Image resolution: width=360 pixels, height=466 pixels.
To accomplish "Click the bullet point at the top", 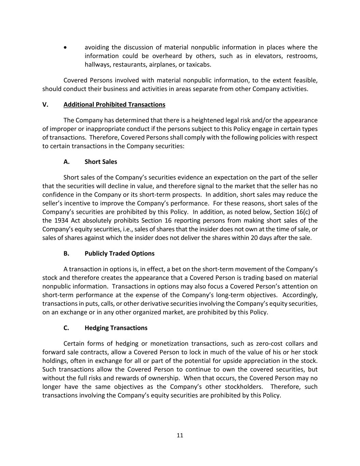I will coord(65,47).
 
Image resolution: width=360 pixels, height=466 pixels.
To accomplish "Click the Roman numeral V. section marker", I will coord(45,104).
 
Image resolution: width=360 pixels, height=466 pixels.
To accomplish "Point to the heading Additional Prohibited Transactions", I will coord(114,104).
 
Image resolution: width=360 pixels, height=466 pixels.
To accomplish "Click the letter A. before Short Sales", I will coord(67,162).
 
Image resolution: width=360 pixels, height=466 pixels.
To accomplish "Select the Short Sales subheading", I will coord(101,162).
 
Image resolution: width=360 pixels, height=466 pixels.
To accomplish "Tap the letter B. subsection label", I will coord(67,253).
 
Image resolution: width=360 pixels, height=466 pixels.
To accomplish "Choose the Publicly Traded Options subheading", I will coord(119,253).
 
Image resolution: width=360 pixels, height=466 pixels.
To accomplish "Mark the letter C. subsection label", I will coord(66,328).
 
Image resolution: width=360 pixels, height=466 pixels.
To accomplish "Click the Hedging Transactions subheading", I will coord(116,328).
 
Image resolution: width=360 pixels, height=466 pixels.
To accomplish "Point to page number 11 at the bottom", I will coord(180,435).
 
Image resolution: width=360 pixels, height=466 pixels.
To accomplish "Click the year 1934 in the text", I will coord(59,221).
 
